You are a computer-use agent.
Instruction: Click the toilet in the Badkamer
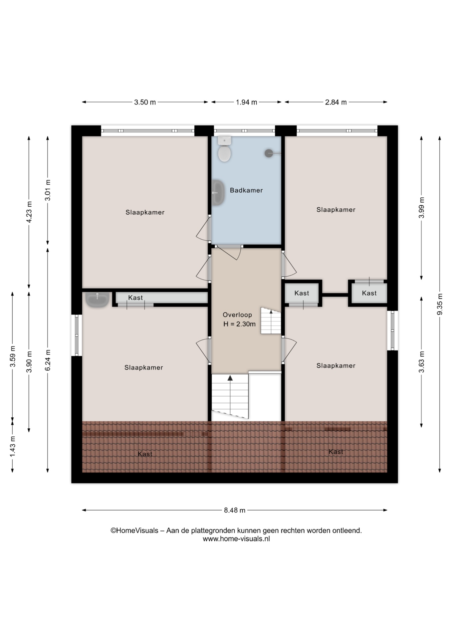(225, 149)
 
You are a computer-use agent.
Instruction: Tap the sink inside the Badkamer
(218, 192)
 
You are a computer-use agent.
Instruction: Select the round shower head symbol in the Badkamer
(269, 153)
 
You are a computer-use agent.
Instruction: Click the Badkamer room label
(246, 190)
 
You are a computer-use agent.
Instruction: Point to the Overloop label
(237, 315)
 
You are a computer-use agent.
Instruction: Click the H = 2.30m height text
(239, 324)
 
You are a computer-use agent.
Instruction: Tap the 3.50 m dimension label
(145, 102)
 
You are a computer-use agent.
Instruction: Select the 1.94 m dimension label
(246, 102)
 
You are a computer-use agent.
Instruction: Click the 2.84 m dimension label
(336, 102)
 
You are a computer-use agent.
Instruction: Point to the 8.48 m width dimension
(235, 510)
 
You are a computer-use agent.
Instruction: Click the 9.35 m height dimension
(440, 304)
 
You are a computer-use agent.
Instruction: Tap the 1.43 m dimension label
(13, 446)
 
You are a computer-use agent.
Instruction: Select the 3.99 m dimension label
(422, 208)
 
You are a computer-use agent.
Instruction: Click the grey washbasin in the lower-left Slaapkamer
(97, 300)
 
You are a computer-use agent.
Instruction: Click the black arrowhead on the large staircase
(230, 378)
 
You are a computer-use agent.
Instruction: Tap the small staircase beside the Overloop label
(271, 321)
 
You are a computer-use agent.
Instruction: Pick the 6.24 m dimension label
(48, 360)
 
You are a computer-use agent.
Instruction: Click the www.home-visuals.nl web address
(236, 539)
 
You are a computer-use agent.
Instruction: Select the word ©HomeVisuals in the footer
(134, 531)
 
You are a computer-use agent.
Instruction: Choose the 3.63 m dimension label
(422, 362)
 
